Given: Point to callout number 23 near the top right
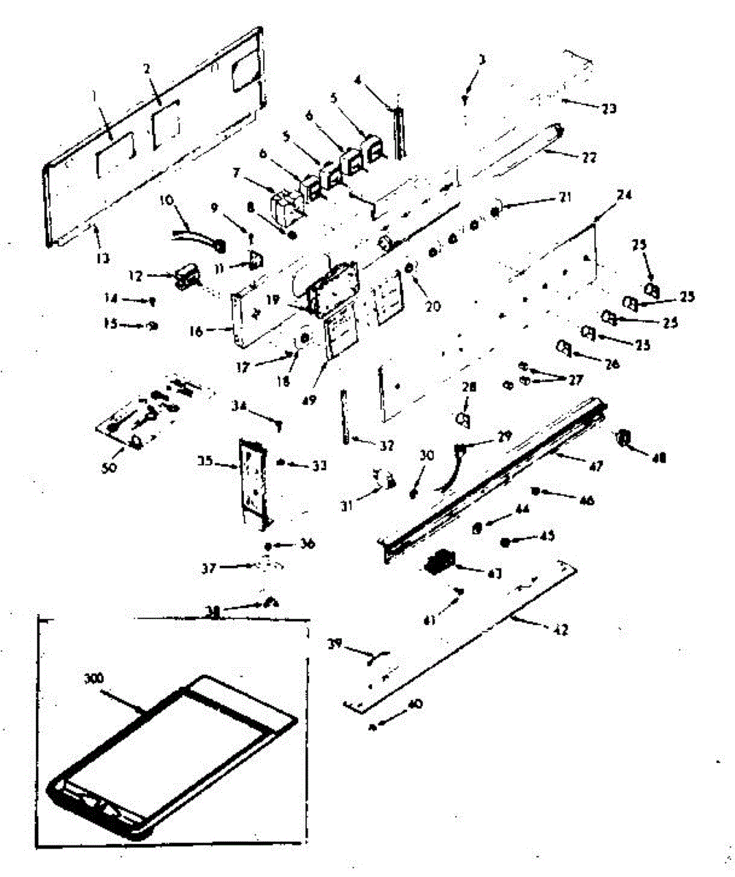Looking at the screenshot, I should coord(608,109).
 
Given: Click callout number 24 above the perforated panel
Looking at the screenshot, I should coord(624,195).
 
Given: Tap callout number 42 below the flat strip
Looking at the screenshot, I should coord(561,629).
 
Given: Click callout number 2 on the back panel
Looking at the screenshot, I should coord(147,69).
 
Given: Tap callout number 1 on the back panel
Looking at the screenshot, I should coord(94,94).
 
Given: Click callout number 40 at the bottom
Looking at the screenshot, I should coord(414,705).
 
